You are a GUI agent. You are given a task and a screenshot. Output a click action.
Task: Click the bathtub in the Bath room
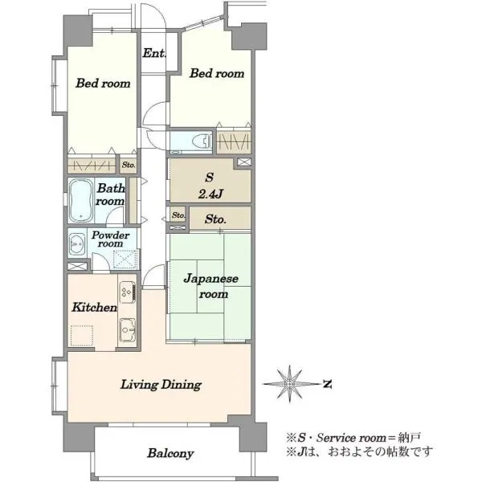(x=80, y=200)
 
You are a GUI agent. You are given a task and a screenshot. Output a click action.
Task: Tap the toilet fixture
(x=202, y=141)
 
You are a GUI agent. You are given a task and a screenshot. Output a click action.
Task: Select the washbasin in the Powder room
(x=77, y=244)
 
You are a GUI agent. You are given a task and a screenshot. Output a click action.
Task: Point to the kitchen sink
(x=127, y=330)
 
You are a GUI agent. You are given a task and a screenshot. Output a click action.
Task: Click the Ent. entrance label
(x=154, y=53)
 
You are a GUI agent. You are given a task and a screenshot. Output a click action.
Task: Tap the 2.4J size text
(x=210, y=194)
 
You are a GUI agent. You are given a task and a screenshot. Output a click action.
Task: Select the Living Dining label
(x=161, y=385)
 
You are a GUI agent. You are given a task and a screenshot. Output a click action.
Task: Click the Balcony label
(x=170, y=453)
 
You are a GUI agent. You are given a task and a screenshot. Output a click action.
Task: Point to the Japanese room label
(x=210, y=286)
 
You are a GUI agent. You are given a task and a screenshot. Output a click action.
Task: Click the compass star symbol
(x=289, y=384)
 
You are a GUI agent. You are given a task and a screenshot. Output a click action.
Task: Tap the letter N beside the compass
(x=328, y=384)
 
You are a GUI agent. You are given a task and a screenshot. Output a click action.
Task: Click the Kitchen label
(x=94, y=307)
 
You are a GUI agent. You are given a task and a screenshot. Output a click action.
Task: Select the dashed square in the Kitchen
(x=82, y=336)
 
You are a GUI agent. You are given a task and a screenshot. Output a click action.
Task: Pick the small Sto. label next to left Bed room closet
(x=129, y=165)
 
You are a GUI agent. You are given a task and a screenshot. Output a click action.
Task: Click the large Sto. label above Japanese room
(x=215, y=219)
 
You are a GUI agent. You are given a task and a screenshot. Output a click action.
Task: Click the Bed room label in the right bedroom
(x=217, y=73)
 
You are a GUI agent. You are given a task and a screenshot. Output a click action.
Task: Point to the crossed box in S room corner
(x=244, y=162)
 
